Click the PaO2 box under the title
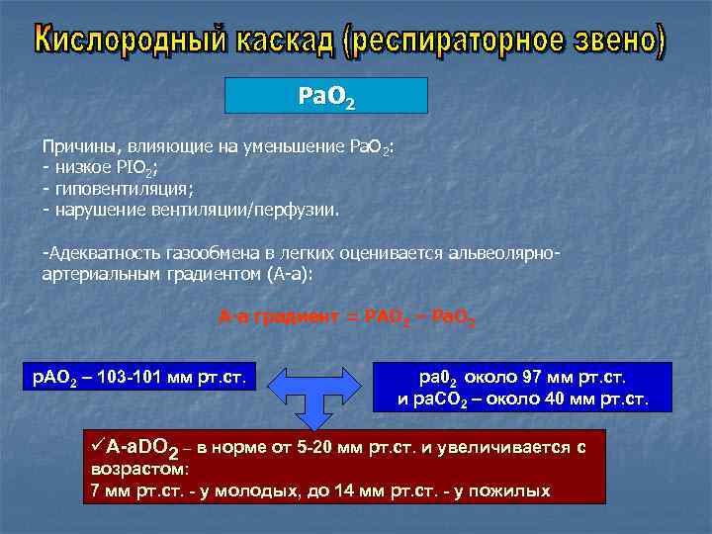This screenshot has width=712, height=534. point(326,96)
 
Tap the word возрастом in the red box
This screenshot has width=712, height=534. point(138,469)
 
